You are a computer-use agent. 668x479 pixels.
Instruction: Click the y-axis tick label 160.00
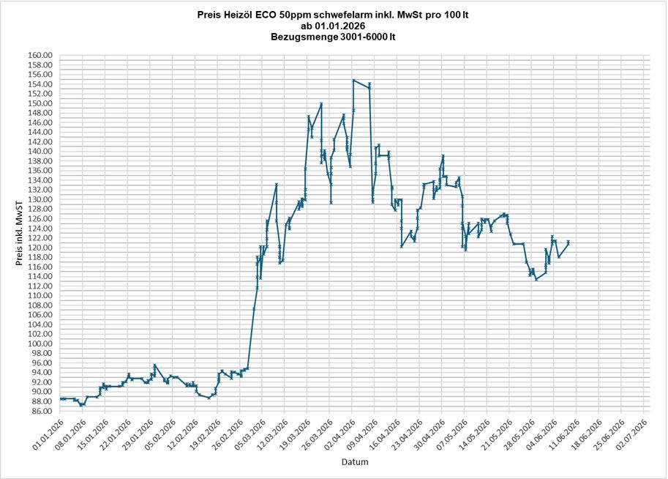click(x=40, y=55)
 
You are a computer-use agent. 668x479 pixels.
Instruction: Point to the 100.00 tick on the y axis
click(x=40, y=344)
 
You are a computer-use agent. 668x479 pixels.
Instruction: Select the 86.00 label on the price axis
click(x=41, y=411)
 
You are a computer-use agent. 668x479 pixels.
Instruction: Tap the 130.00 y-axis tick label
click(x=40, y=200)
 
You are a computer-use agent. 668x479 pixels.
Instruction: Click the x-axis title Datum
click(x=355, y=462)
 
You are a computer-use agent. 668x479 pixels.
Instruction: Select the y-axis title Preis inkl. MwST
click(x=19, y=234)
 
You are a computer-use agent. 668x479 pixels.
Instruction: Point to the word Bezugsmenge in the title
click(x=304, y=37)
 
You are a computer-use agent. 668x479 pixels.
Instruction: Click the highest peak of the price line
click(x=353, y=80)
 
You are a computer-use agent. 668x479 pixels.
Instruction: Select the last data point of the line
click(x=568, y=243)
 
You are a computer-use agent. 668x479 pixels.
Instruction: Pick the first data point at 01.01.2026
click(x=61, y=398)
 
